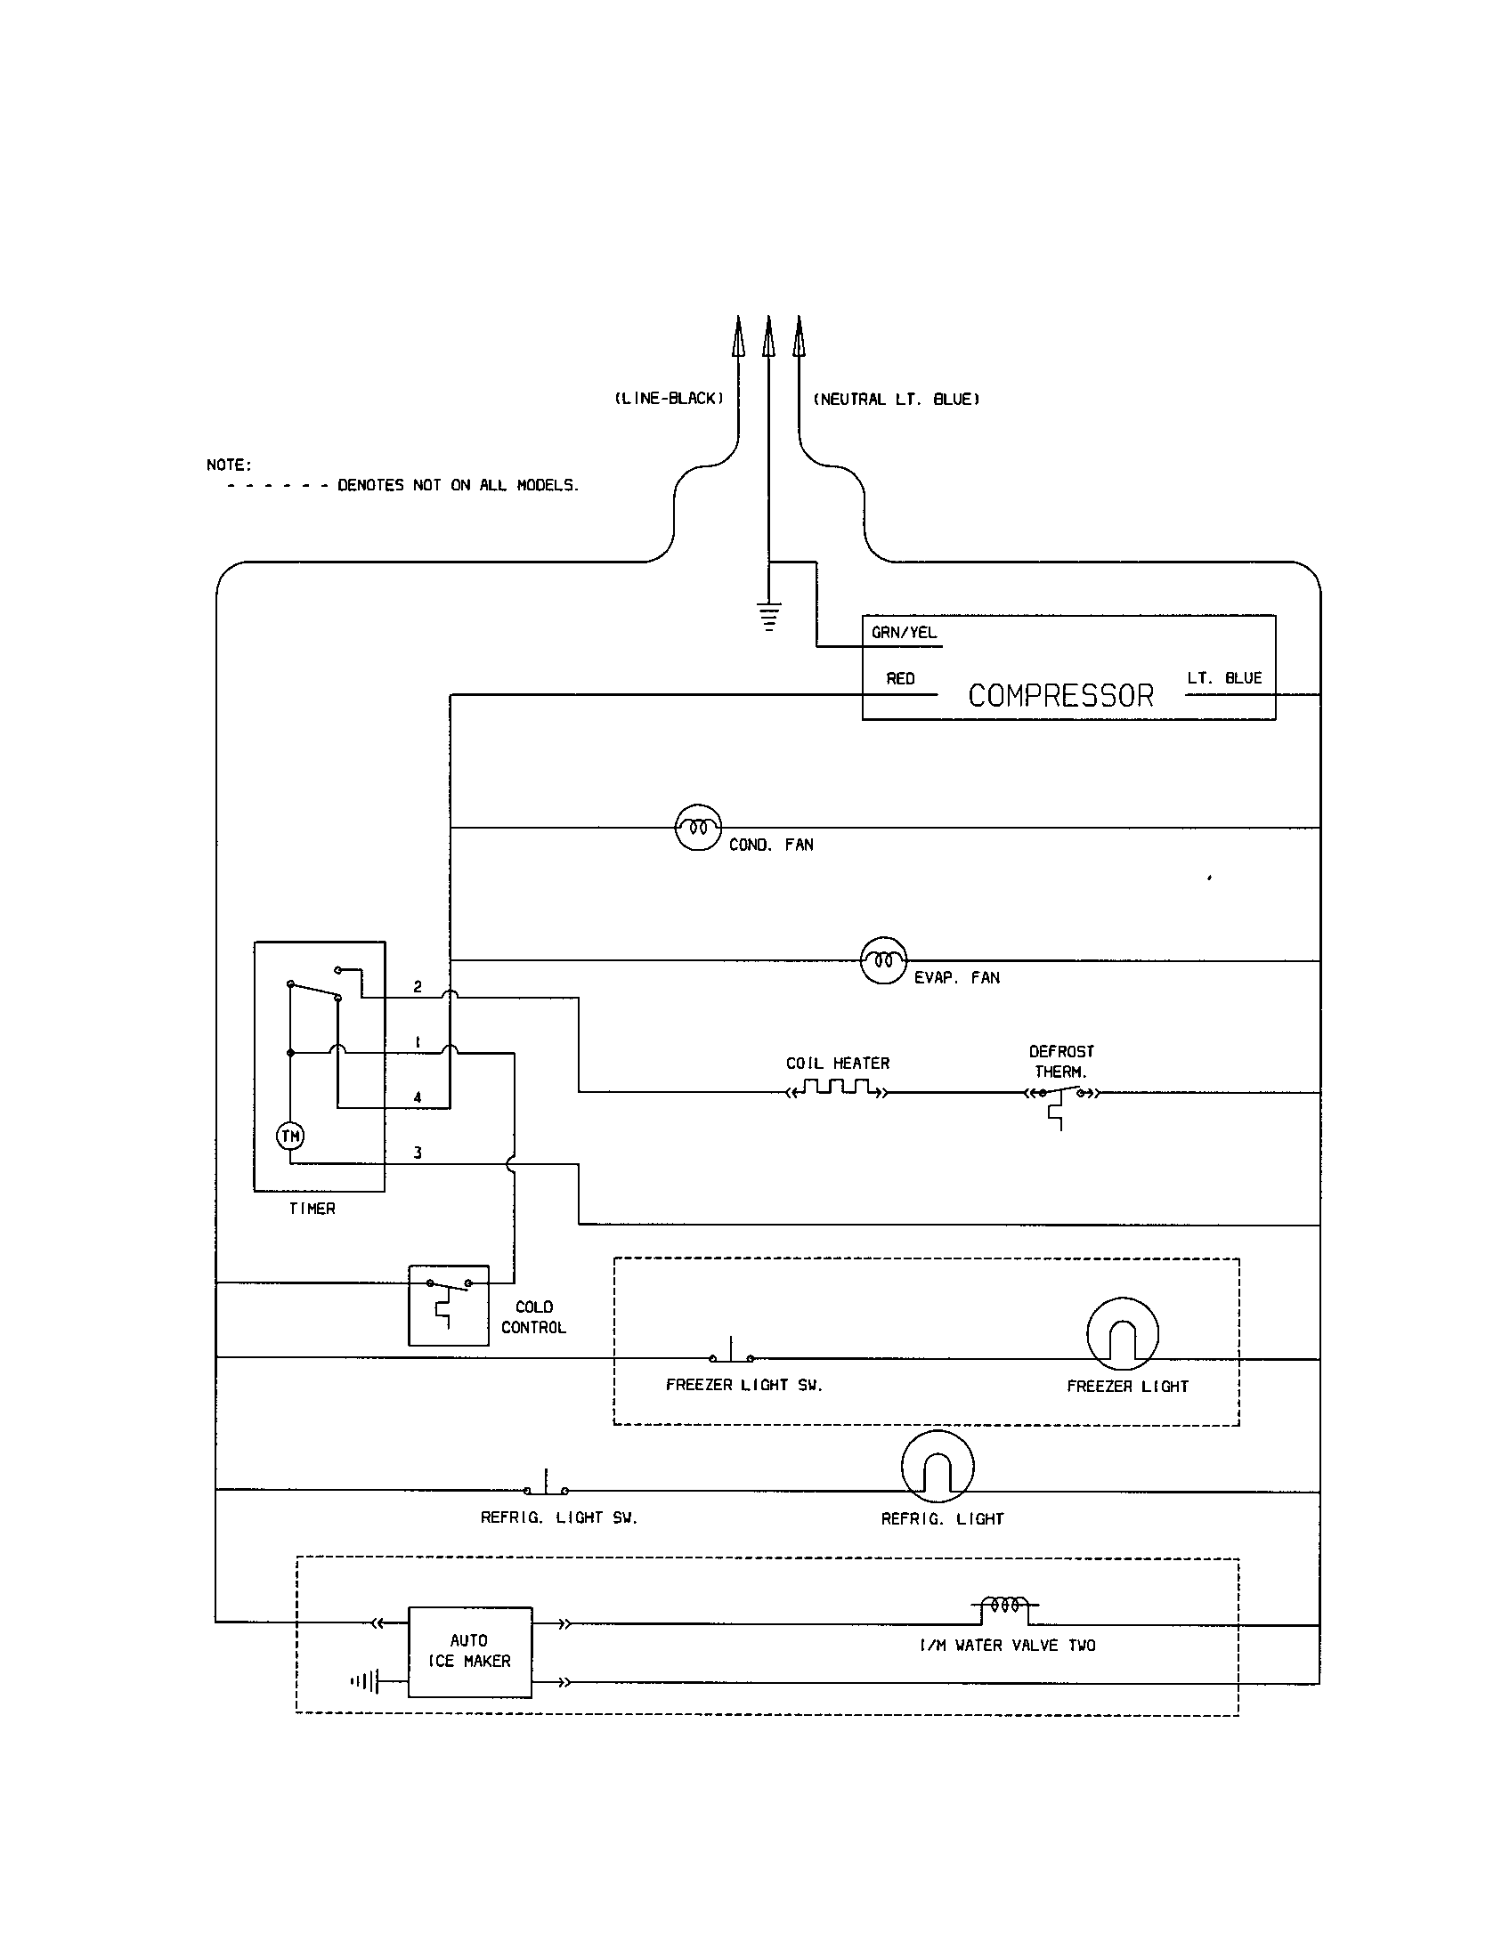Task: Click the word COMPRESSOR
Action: tap(1059, 696)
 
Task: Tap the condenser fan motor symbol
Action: tap(698, 828)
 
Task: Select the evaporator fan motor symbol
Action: tap(883, 961)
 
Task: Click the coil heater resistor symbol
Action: tap(838, 1090)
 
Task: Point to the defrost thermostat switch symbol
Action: tap(1061, 1096)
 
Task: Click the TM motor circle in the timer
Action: tap(290, 1137)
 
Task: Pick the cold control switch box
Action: tap(449, 1305)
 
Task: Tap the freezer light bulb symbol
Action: tap(1123, 1333)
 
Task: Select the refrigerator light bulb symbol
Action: tap(937, 1466)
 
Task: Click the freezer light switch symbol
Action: tap(732, 1353)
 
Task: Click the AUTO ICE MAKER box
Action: tap(470, 1650)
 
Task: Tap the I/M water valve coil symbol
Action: tap(1005, 1605)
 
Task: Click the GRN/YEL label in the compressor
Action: tap(904, 633)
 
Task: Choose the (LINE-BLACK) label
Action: tap(669, 399)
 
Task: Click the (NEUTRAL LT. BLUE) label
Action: tap(896, 399)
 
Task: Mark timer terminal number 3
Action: tap(417, 1153)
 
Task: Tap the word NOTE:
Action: tap(229, 465)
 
